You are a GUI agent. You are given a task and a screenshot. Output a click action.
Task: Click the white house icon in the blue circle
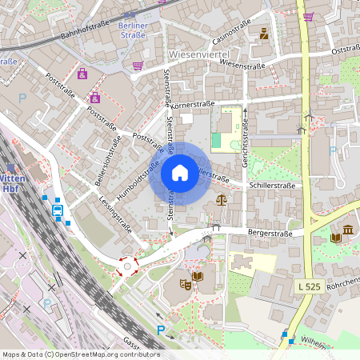(180, 173)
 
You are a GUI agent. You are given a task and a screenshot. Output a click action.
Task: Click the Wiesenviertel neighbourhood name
(200, 53)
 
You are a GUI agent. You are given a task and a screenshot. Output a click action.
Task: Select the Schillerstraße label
(271, 185)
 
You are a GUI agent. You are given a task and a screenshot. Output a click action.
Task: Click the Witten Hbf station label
(11, 184)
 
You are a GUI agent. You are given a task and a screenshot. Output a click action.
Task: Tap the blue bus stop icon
(58, 210)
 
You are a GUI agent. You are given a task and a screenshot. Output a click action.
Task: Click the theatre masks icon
(185, 283)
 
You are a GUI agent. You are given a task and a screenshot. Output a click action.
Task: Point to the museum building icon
(348, 231)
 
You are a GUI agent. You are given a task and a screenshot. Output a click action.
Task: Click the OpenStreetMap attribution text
(81, 353)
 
